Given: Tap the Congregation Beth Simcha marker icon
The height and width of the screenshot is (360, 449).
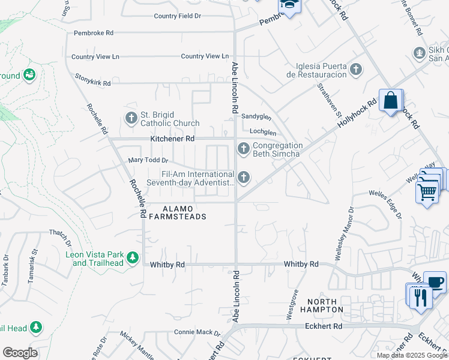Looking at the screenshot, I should click(x=243, y=148).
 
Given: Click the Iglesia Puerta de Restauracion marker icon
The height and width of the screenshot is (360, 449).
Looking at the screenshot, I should click(x=356, y=70).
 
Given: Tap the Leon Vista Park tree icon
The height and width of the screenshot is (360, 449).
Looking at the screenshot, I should click(x=133, y=258).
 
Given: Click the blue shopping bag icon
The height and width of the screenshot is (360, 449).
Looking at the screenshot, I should click(x=391, y=100).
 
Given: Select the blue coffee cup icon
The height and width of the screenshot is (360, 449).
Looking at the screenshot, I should click(x=435, y=282).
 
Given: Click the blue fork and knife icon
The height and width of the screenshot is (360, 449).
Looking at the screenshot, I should click(x=420, y=296).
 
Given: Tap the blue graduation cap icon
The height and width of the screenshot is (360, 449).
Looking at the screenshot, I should click(x=289, y=6).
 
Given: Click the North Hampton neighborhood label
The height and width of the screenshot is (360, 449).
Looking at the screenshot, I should click(x=325, y=305).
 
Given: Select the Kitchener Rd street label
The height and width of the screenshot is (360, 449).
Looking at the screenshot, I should click(x=172, y=139).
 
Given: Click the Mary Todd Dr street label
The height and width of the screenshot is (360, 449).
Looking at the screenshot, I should click(x=148, y=160).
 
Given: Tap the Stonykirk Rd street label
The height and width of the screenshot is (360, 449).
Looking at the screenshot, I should click(x=93, y=80).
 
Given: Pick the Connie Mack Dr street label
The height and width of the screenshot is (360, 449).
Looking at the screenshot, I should click(x=197, y=332).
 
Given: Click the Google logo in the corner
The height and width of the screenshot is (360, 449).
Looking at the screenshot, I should click(x=20, y=353).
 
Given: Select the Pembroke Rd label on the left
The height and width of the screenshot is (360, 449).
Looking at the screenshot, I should click(x=93, y=34).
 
